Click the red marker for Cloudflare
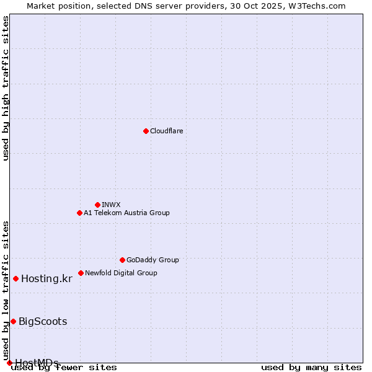click(146, 131)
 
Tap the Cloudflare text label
click(166, 131)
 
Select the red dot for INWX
click(97, 205)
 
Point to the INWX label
click(111, 205)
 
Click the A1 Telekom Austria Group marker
click(79, 213)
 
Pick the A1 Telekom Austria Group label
click(126, 213)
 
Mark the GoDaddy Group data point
click(122, 260)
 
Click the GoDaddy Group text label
click(153, 260)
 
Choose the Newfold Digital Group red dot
click(81, 273)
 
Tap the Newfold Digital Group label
click(121, 273)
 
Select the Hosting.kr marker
click(15, 278)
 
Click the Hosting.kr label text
click(46, 279)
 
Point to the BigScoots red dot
click(13, 321)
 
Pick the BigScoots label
click(43, 321)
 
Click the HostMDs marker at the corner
click(9, 363)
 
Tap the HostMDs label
click(37, 363)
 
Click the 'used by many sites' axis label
click(311, 368)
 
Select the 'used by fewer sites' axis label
click(64, 368)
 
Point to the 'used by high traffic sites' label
click(6, 88)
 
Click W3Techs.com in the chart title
click(315, 6)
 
